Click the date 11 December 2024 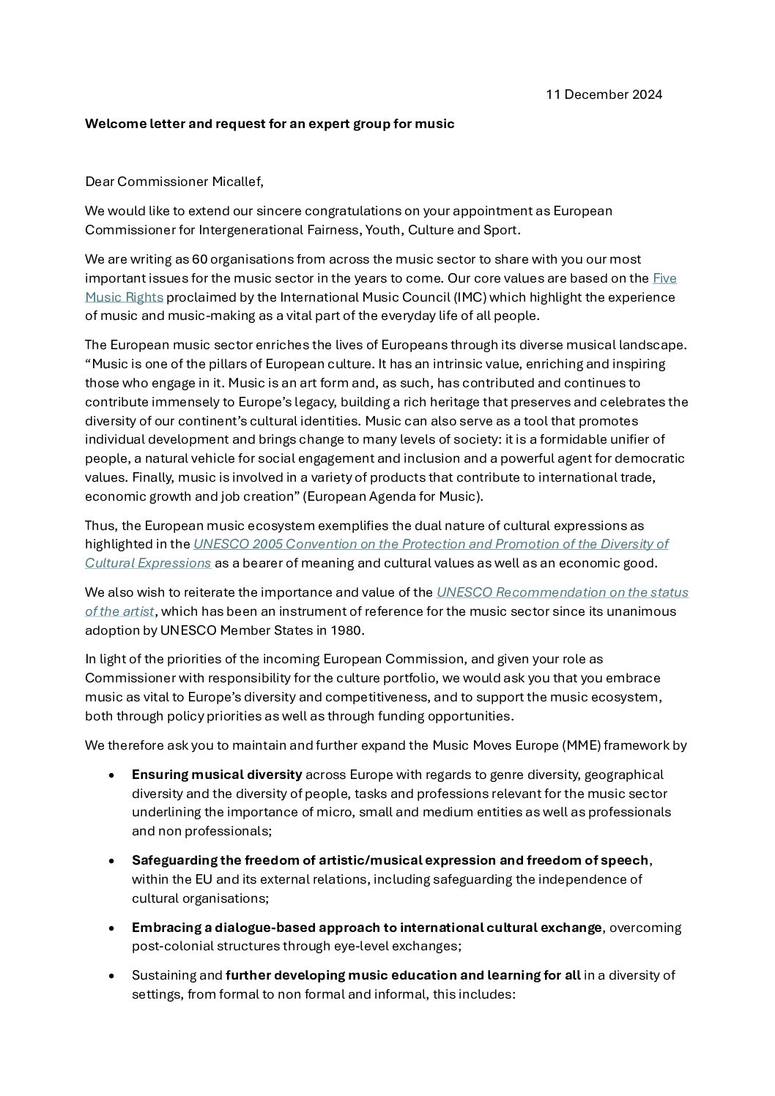(x=604, y=94)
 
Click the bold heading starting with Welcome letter (x=269, y=124)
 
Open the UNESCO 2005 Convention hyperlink (x=430, y=544)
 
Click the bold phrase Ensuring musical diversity (x=217, y=775)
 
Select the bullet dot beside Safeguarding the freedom (x=111, y=860)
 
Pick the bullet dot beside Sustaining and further (x=111, y=975)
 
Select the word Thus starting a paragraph (x=98, y=526)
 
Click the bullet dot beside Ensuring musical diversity (x=111, y=775)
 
